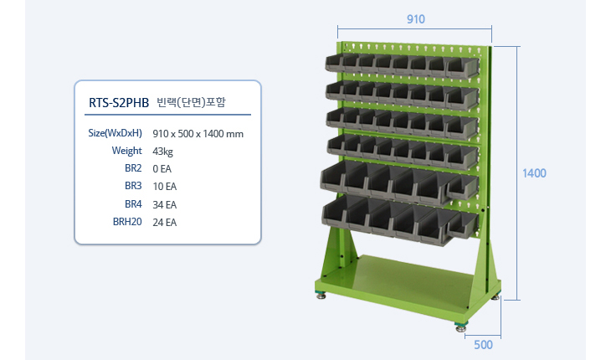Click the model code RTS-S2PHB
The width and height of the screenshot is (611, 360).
click(119, 102)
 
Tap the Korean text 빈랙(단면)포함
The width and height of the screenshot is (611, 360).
click(191, 102)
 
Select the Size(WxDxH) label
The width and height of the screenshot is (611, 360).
click(115, 133)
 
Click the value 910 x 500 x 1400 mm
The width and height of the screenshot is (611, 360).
click(198, 134)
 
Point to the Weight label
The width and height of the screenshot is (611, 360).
click(126, 151)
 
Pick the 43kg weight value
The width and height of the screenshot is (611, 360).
click(162, 152)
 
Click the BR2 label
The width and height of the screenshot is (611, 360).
click(133, 168)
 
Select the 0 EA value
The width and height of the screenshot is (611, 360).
click(162, 169)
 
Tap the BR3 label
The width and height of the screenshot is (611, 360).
click(133, 186)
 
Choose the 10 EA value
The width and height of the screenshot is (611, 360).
click(164, 186)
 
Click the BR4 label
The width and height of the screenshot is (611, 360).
click(133, 204)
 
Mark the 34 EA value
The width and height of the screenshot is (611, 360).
click(164, 204)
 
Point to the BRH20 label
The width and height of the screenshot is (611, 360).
click(127, 222)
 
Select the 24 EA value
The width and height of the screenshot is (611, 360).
click(164, 222)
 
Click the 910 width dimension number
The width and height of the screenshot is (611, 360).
click(416, 19)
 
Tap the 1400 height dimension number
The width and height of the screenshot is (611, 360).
click(534, 173)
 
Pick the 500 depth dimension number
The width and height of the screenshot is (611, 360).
click(483, 345)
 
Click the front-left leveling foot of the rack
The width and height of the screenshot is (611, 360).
click(321, 296)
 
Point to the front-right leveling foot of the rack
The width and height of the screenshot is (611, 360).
click(460, 327)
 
